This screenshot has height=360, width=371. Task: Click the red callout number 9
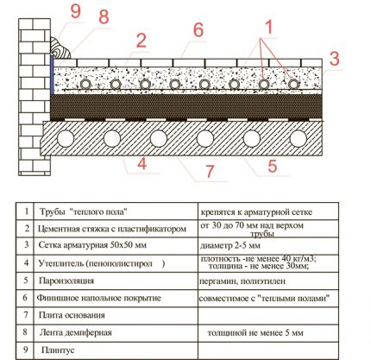point(76,12)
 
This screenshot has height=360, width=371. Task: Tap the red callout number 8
point(104,17)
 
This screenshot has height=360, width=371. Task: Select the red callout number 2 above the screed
point(141,41)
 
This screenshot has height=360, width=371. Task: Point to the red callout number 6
point(198,30)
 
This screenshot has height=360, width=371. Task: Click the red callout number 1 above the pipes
point(267,28)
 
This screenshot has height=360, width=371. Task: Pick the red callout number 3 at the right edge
point(335,59)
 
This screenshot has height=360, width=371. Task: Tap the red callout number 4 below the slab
point(141,164)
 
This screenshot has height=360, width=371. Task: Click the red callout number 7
point(210,171)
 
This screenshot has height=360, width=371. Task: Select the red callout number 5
point(273,166)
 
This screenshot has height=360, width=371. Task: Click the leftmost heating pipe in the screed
point(85,85)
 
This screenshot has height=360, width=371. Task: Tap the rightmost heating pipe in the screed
point(293,84)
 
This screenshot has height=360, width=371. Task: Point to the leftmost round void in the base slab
point(66,139)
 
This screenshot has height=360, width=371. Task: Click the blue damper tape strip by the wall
point(52,75)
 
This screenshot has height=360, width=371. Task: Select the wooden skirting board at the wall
point(60,48)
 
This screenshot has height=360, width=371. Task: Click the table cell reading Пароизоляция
point(66,281)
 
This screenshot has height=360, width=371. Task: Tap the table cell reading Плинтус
point(58,350)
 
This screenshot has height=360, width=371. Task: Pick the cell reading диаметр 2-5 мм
point(230,245)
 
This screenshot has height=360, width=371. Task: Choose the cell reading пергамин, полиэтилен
point(242,281)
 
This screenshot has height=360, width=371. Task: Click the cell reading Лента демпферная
point(75,332)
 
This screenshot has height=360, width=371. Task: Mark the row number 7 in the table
point(26,315)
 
